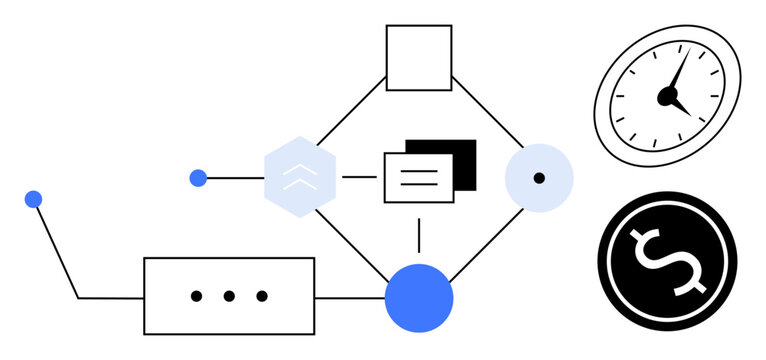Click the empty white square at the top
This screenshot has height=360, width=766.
(x=419, y=58)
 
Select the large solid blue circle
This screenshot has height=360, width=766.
(x=419, y=298)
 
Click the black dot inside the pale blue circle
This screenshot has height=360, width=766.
(x=539, y=178)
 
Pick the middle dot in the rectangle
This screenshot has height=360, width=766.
(x=229, y=296)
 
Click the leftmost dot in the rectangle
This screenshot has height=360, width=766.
(x=196, y=296)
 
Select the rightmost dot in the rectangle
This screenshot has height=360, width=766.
(x=262, y=296)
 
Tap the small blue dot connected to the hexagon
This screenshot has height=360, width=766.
(x=198, y=178)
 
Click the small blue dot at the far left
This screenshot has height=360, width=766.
(x=33, y=199)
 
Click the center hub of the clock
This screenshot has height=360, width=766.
(x=666, y=96)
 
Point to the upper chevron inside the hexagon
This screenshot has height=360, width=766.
(x=300, y=171)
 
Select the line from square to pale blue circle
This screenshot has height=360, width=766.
(x=487, y=110)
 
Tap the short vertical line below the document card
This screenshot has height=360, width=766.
(x=418, y=235)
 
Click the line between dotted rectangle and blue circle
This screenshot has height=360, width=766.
(x=349, y=298)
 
